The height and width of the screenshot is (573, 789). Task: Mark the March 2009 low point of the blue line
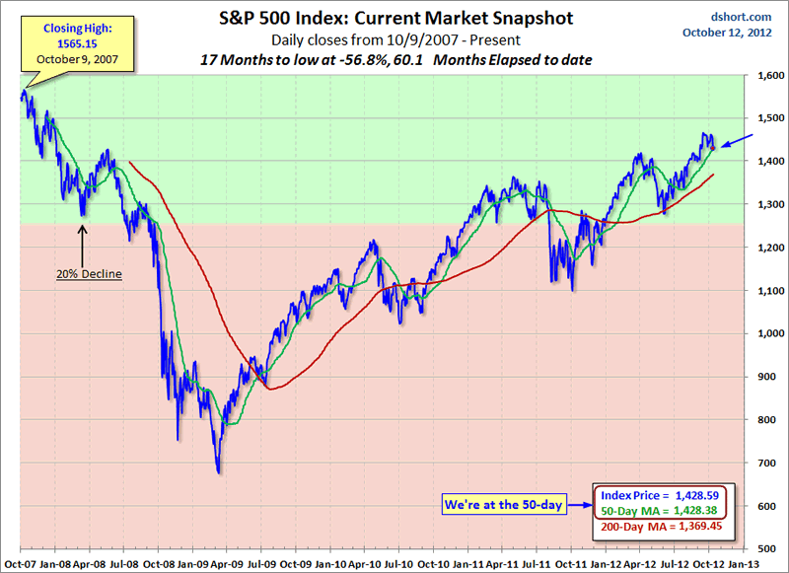[x=219, y=471]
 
